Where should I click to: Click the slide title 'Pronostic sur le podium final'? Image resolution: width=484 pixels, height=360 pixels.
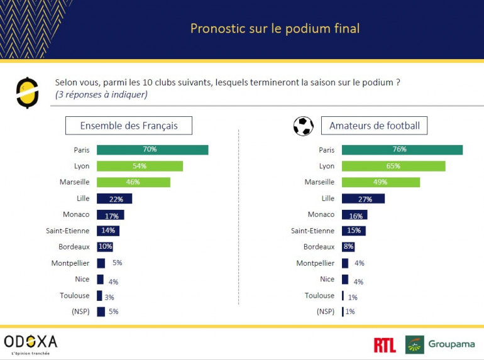pyautogui.click(x=275, y=29)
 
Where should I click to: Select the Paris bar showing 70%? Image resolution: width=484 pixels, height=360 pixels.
pyautogui.click(x=152, y=150)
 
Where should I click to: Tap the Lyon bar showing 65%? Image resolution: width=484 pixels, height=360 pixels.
pyautogui.click(x=393, y=166)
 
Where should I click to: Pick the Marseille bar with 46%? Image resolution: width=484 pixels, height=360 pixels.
pyautogui.click(x=133, y=182)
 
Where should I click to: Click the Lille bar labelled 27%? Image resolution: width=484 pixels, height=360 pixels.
pyautogui.click(x=363, y=199)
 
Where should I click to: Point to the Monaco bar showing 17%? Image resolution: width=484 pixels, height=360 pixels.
pyautogui.click(x=111, y=215)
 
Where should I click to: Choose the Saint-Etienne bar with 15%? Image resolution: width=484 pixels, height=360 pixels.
pyautogui.click(x=354, y=231)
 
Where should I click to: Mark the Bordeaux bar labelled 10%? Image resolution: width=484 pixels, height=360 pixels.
pyautogui.click(x=105, y=247)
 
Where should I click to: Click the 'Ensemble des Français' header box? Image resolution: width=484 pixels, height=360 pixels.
pyautogui.click(x=129, y=126)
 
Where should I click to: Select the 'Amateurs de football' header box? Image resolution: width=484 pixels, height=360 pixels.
pyautogui.click(x=374, y=126)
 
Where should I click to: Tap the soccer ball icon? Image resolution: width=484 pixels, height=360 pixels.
pyautogui.click(x=303, y=126)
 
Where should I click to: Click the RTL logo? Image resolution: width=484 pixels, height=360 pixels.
pyautogui.click(x=385, y=344)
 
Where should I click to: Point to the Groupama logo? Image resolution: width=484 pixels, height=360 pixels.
pyautogui.click(x=440, y=344)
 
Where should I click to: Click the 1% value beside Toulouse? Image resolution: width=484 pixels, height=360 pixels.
pyautogui.click(x=352, y=297)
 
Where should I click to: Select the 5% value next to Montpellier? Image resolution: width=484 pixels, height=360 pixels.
pyautogui.click(x=116, y=264)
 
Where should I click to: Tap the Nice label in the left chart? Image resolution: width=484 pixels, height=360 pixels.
pyautogui.click(x=82, y=279)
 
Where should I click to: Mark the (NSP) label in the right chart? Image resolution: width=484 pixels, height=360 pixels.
pyautogui.click(x=326, y=311)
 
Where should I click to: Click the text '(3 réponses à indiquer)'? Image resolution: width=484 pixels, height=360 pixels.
pyautogui.click(x=101, y=95)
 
